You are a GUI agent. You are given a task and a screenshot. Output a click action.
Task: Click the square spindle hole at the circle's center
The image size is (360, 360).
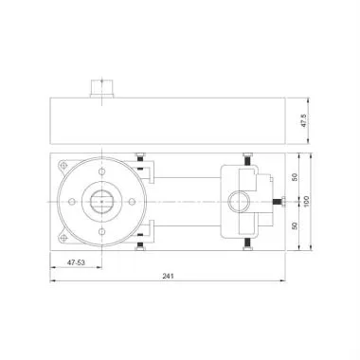(x=103, y=201)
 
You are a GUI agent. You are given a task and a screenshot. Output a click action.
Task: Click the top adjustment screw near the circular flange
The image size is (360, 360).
(x=139, y=157)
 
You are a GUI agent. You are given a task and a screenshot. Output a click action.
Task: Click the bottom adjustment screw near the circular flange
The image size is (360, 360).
(x=139, y=244)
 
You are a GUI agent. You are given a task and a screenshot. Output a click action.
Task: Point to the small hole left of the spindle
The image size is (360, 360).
(x=74, y=201)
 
